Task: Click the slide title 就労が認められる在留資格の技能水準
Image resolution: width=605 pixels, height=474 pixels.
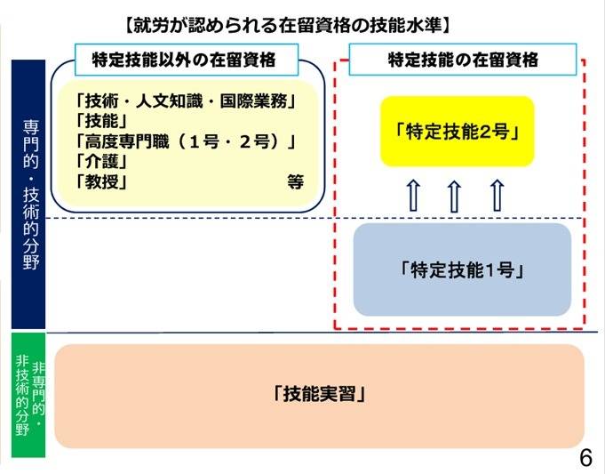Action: [302, 20]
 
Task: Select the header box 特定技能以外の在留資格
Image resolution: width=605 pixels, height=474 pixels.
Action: [183, 60]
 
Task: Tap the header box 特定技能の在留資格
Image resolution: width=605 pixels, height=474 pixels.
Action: [463, 60]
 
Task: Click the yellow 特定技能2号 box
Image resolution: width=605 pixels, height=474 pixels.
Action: [457, 132]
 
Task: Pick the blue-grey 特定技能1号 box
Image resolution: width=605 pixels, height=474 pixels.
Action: [461, 269]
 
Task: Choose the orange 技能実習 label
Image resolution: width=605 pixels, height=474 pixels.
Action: [319, 394]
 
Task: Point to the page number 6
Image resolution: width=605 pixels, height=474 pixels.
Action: [585, 458]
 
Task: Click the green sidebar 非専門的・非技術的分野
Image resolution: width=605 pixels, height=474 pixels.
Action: [28, 394]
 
